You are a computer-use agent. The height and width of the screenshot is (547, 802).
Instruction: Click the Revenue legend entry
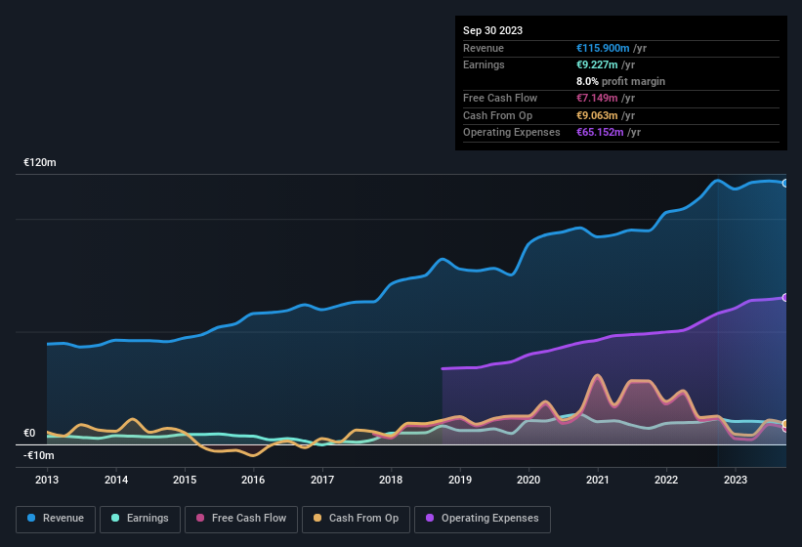coord(56,518)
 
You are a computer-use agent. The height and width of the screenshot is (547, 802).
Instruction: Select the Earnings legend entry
coord(140,518)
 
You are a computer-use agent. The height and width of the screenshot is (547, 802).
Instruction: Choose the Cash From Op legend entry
coord(355,518)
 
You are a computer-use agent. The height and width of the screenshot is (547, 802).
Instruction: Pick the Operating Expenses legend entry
coord(483,518)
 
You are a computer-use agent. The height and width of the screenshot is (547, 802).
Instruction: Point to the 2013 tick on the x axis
coord(47,480)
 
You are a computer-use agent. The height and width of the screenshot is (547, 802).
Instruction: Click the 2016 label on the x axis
coord(253,480)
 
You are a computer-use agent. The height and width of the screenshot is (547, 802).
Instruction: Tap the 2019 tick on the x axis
coord(459,480)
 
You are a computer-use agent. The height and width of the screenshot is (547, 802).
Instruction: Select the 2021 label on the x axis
coord(597,480)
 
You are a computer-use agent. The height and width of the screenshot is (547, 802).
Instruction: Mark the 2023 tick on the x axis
coord(735,480)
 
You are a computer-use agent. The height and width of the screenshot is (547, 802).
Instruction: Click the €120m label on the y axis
coord(40,162)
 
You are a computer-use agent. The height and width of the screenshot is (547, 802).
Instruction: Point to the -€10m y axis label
coord(39,455)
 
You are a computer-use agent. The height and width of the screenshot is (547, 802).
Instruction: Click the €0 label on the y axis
coord(29,433)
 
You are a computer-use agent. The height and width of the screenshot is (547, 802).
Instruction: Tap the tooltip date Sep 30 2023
coord(492,30)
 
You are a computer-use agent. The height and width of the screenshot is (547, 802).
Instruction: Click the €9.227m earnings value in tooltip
coord(598,64)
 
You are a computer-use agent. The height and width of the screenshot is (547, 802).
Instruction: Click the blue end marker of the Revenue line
coord(785,183)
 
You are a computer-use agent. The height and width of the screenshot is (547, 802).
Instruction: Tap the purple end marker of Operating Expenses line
coord(785,298)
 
